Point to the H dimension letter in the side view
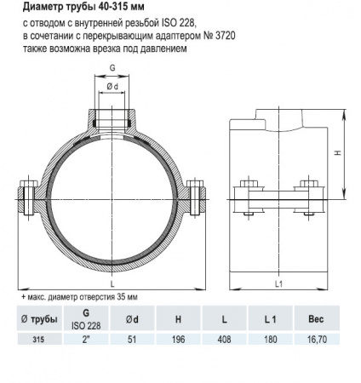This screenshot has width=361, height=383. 339,153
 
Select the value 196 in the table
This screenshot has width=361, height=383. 179,338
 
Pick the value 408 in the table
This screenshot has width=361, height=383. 223,338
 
